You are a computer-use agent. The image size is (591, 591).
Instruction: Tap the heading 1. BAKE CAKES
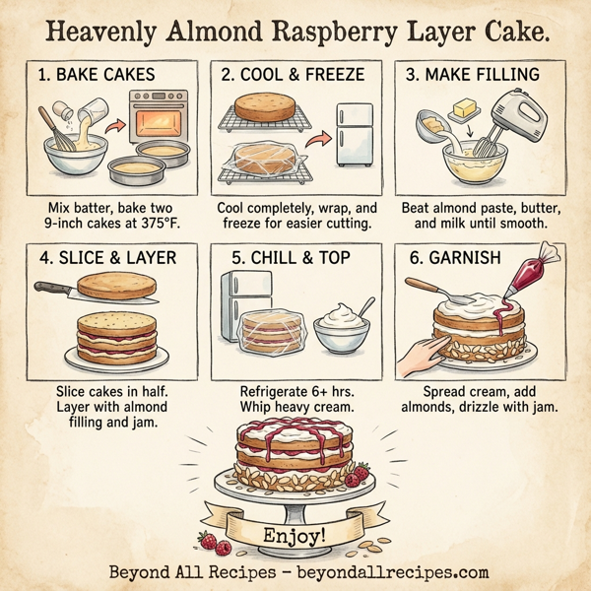click(96, 75)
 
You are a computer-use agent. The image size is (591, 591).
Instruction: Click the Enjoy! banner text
click(295, 537)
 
